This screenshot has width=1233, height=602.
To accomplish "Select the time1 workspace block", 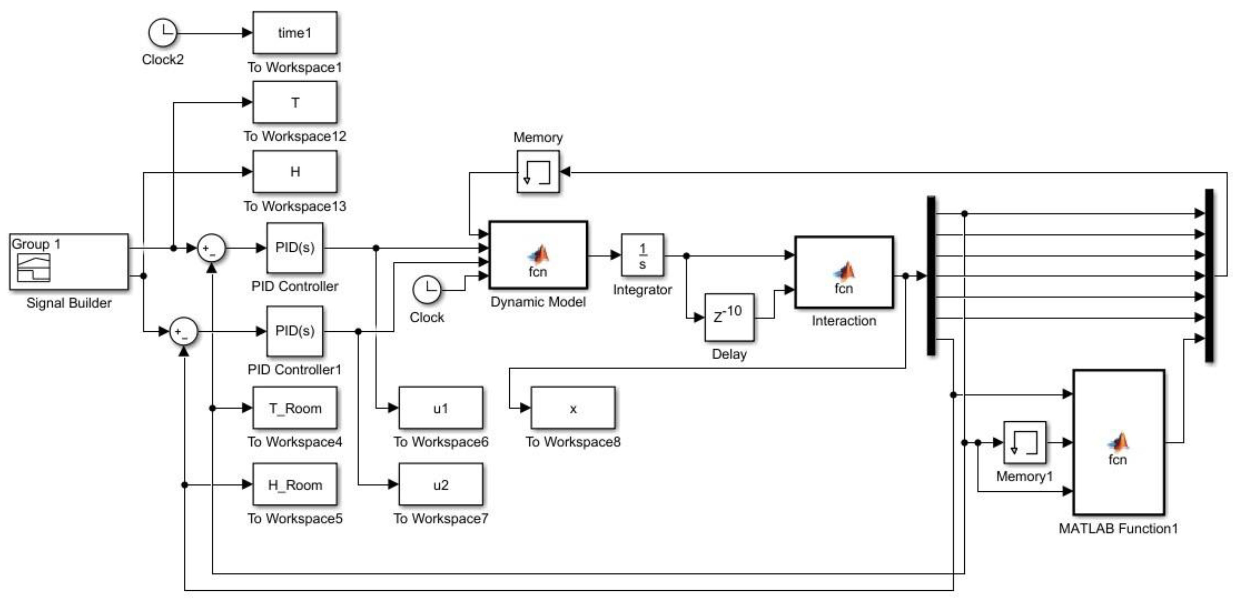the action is point(295,33).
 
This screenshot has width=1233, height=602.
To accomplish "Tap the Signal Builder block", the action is point(69,261).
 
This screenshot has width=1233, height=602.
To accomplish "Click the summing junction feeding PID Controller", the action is point(212,248).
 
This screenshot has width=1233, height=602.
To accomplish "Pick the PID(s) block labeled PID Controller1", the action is point(295,331).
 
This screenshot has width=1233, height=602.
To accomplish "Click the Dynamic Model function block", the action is point(538,255).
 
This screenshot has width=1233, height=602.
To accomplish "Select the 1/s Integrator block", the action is point(642,255).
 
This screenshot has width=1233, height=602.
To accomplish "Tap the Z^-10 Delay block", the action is point(729,317).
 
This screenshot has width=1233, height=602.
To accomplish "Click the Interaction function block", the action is point(844,272).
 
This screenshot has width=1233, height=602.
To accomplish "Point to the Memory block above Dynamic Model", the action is point(538,172).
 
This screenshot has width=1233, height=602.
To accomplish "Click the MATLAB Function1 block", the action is point(1119,442).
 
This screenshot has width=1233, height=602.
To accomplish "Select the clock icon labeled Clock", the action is point(427,290).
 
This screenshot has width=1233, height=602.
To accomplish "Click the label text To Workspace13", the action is point(295,206).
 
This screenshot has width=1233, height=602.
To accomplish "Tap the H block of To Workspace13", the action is point(295,172).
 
